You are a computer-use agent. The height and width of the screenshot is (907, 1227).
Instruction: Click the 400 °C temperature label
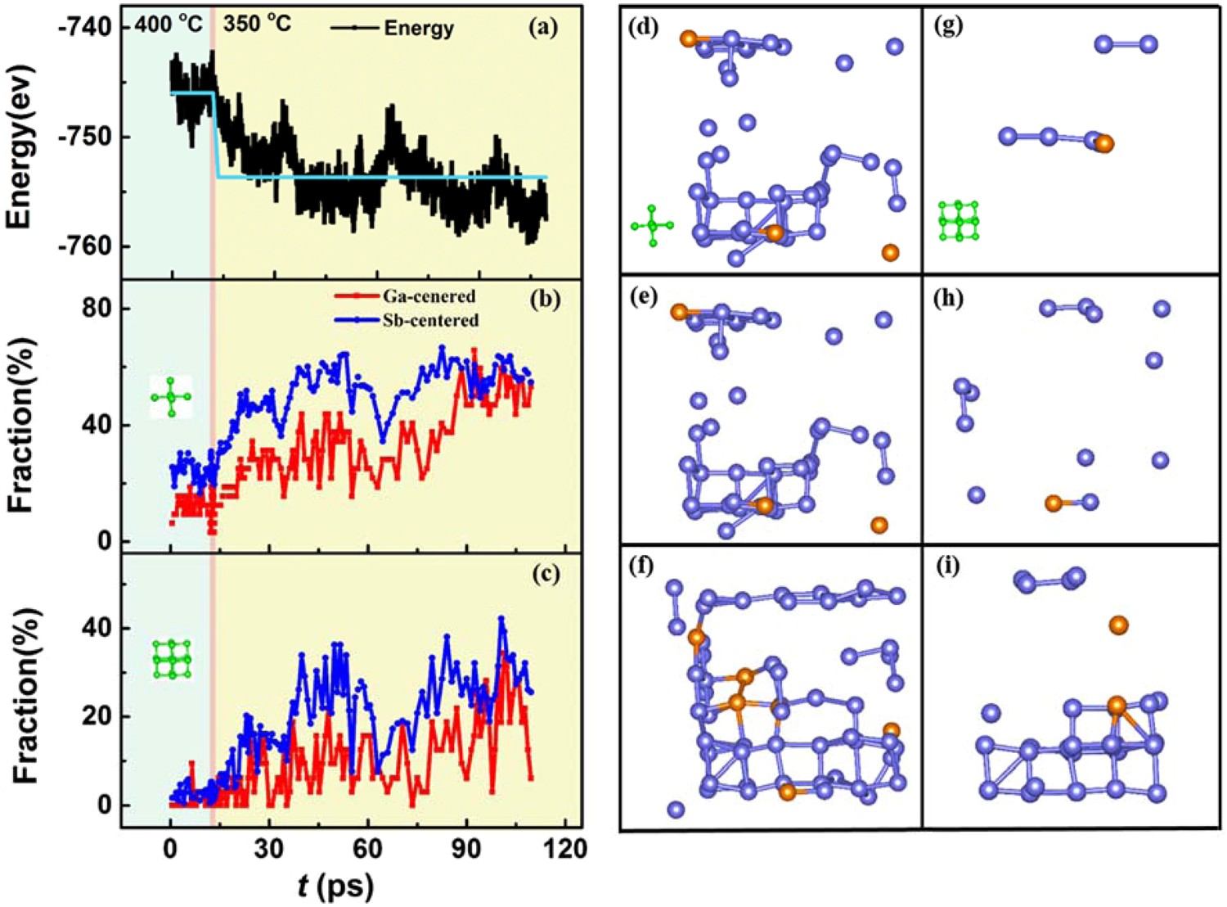169,25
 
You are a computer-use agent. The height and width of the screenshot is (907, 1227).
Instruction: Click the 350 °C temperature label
257,24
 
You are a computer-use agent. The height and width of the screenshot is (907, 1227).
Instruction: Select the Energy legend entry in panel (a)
393,28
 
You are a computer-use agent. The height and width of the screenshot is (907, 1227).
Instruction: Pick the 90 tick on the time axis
466,849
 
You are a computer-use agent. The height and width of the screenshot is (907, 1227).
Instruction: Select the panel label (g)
948,26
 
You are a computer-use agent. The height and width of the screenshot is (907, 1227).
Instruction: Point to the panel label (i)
947,566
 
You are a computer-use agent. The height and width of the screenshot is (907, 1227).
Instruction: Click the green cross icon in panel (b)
171,397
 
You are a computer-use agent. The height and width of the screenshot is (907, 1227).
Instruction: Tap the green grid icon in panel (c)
172,659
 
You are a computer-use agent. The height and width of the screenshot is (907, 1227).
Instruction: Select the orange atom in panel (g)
1104,144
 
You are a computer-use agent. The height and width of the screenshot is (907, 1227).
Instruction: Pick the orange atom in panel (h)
1054,503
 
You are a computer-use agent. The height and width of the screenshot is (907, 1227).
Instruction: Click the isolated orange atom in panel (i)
1118,625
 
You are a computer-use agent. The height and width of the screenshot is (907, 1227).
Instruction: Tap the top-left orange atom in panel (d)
689,38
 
